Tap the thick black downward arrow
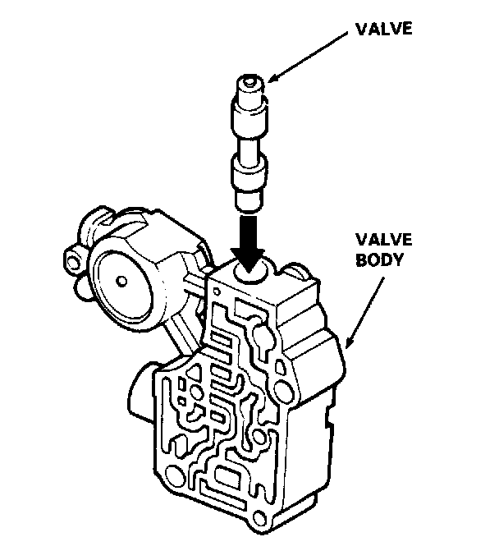coord(245,237)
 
